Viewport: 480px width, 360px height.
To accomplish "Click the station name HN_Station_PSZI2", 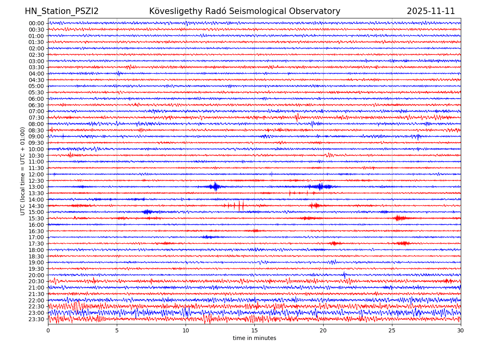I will click(62, 11).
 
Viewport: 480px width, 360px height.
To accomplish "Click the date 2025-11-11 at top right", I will click(431, 11).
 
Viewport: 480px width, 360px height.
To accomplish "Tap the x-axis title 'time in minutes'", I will click(254, 338).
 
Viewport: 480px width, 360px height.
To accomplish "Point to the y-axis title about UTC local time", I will click(23, 171).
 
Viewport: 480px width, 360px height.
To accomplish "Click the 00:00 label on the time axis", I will click(36, 23).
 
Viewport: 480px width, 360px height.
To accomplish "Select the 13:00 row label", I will click(36, 187).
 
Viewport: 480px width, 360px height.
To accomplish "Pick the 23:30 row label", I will click(36, 319).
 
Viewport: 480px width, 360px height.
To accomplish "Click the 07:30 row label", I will click(36, 118).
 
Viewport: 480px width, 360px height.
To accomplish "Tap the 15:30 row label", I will click(36, 218).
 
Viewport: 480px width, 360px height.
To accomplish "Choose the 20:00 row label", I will click(36, 275).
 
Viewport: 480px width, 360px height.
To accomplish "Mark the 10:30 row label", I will click(36, 156).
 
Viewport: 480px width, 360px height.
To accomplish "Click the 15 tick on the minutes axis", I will click(254, 330).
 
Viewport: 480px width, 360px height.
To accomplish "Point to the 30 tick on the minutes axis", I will click(461, 330).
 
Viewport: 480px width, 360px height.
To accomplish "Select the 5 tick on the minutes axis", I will click(117, 330).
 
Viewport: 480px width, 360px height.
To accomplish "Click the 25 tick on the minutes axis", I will click(392, 330).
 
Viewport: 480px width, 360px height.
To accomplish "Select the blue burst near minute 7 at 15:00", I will click(147, 212).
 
